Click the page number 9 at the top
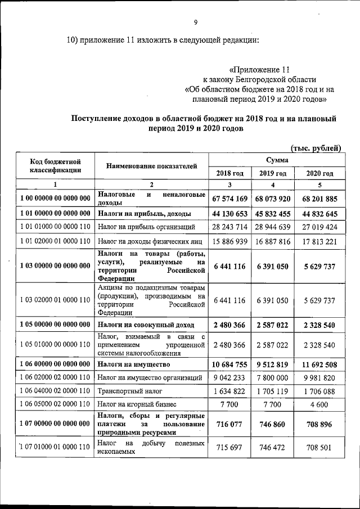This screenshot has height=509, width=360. (x=195, y=22)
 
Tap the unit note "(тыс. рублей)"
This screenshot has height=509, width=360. (x=316, y=148)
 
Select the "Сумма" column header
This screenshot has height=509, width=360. (x=275, y=160)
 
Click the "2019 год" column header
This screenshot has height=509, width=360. (x=273, y=173)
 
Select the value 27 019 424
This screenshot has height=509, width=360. (x=319, y=228)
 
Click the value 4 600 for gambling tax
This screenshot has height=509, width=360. (x=319, y=404)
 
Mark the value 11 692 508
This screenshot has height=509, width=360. (x=319, y=364)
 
